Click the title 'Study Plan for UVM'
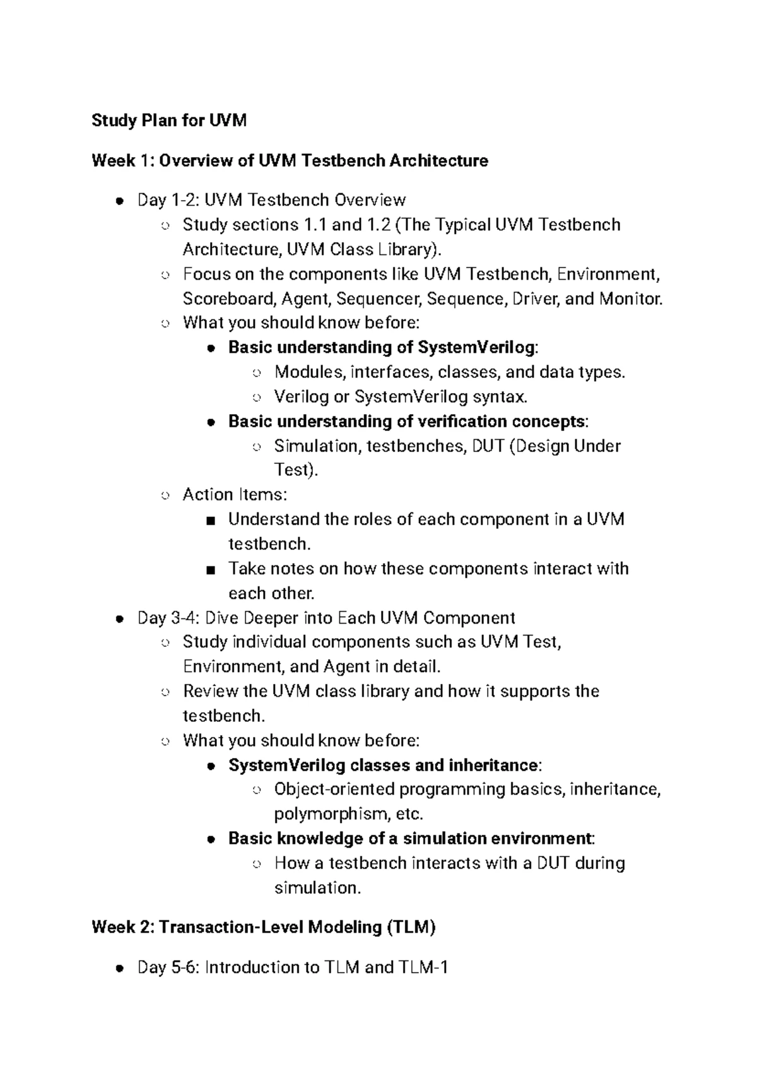click(x=168, y=120)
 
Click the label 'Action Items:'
click(x=235, y=494)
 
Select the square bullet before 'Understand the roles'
click(x=211, y=521)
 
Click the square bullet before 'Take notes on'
click(x=211, y=570)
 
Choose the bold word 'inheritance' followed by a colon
click(x=492, y=765)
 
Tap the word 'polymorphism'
click(x=331, y=814)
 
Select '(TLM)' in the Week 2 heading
click(x=411, y=927)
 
